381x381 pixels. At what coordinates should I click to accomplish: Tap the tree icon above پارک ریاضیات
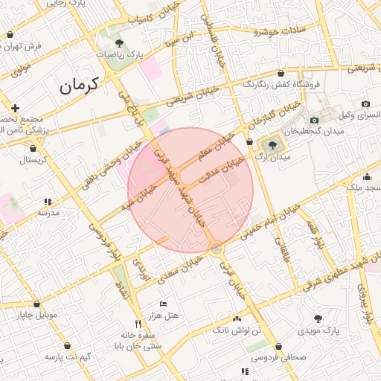[120, 44]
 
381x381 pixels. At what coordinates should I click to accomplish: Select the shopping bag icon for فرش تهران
[10, 34]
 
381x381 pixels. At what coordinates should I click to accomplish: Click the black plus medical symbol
[15, 108]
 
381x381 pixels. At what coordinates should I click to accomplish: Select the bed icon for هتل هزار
[164, 304]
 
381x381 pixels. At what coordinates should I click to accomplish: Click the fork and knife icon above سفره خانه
[137, 323]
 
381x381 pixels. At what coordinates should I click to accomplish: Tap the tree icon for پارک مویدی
[318, 316]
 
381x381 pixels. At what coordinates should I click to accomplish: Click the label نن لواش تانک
[238, 328]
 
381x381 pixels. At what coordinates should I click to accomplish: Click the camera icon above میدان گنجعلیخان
[314, 121]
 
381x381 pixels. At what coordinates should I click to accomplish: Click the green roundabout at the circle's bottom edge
[215, 249]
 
